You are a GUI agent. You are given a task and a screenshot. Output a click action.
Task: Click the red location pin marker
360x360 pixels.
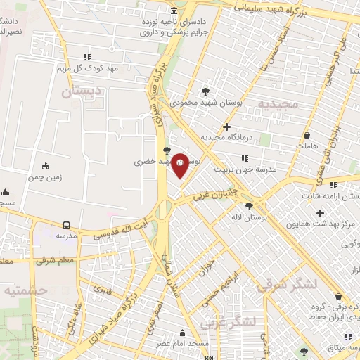pyautogui.click(x=180, y=165)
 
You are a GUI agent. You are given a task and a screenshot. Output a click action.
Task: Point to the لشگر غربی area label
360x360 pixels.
pyautogui.click(x=227, y=322)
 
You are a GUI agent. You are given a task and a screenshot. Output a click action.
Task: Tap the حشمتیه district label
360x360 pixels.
pyautogui.click(x=23, y=289)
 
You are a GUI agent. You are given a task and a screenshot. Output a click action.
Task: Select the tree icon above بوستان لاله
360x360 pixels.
pyautogui.click(x=250, y=205)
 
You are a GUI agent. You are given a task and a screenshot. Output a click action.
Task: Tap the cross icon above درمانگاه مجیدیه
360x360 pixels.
pyautogui.click(x=226, y=126)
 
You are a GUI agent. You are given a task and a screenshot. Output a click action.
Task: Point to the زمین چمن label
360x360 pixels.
pyautogui.click(x=46, y=177)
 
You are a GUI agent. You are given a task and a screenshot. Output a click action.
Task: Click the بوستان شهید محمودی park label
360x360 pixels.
pyautogui.click(x=206, y=103)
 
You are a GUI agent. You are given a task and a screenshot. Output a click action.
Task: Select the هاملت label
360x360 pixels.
pyautogui.click(x=307, y=146)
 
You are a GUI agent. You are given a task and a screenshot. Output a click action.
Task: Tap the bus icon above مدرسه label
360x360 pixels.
pyautogui.click(x=66, y=225)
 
